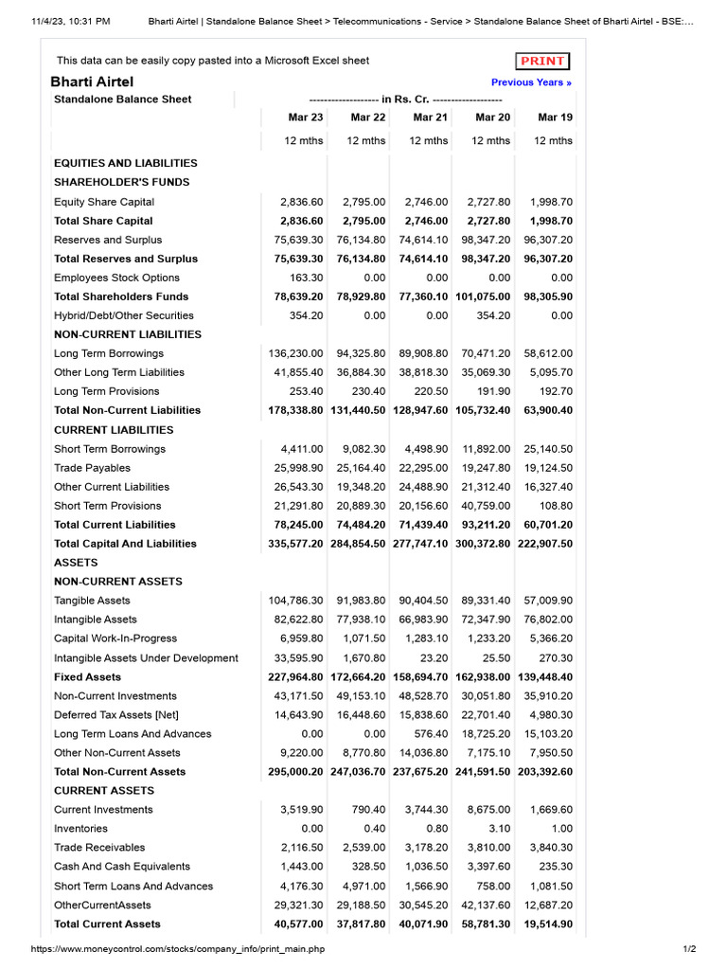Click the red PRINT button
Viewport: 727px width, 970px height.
[542, 62]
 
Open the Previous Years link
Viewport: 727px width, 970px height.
[531, 82]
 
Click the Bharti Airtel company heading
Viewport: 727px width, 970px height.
[92, 82]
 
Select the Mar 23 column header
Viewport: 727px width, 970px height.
[305, 117]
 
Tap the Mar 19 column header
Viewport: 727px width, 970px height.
[555, 117]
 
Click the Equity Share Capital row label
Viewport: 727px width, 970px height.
[104, 202]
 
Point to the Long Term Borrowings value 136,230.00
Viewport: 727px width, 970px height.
[295, 353]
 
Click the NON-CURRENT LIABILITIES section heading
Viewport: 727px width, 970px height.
[128, 334]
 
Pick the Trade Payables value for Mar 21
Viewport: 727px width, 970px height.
[423, 468]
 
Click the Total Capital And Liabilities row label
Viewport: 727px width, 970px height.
[126, 544]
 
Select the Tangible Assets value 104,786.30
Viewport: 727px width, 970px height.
[295, 601]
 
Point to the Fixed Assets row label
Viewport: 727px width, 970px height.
[87, 677]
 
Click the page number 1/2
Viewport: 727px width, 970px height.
[688, 949]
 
